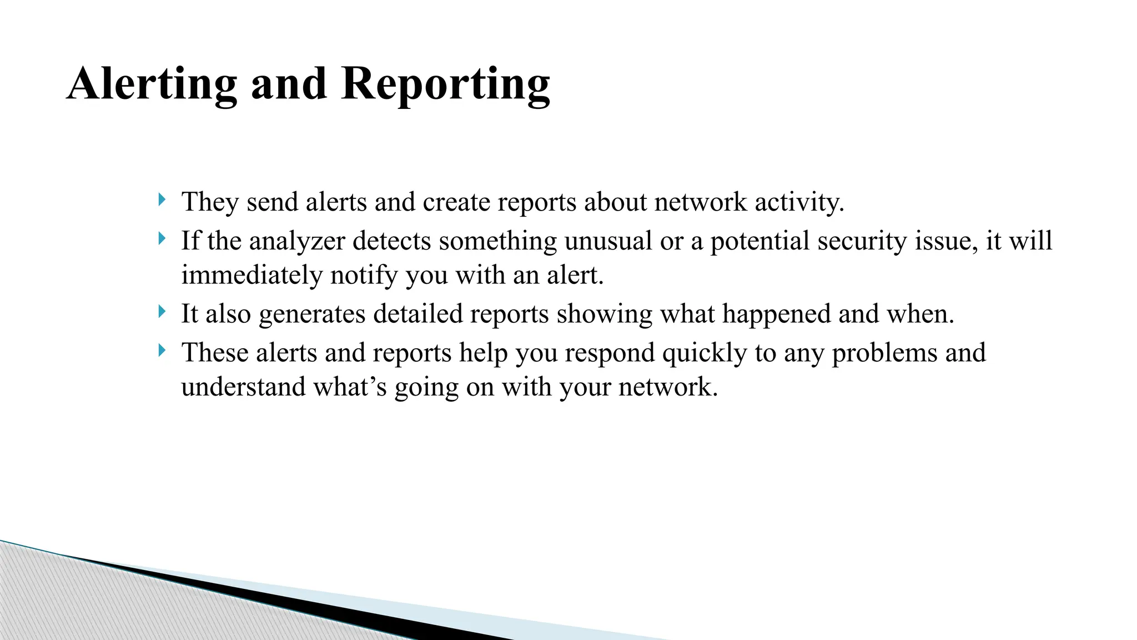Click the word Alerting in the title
[x=152, y=84]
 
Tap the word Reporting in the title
[x=445, y=84]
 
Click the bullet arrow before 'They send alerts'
[x=161, y=199]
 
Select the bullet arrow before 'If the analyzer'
[x=161, y=239]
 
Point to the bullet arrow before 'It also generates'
[x=161, y=312]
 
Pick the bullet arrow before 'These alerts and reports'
[x=161, y=351]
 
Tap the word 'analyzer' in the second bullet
[x=297, y=241]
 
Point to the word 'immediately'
[x=251, y=275]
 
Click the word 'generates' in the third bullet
[x=312, y=314]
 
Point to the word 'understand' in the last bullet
[x=243, y=387]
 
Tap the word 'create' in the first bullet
[x=456, y=202]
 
